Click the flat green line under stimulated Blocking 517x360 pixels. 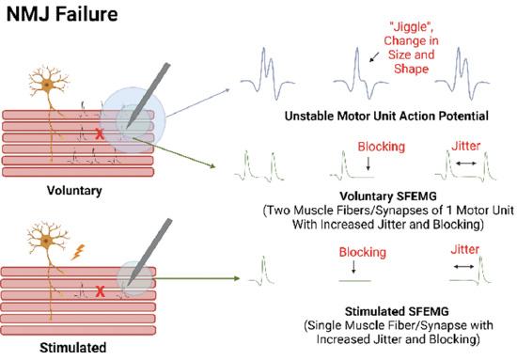coord(361,278)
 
